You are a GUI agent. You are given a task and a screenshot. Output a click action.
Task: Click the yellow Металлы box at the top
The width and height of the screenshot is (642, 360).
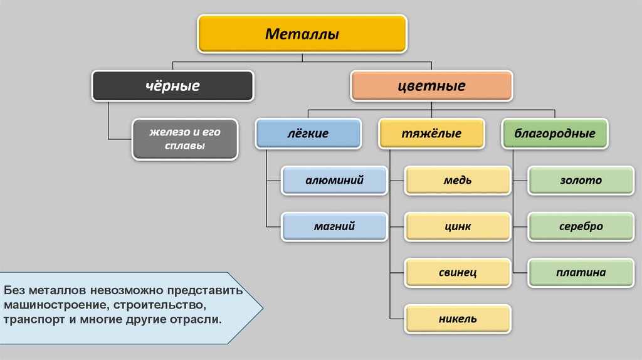[x=302, y=34]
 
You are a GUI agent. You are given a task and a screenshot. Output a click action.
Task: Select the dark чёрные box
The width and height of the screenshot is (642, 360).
[x=172, y=85]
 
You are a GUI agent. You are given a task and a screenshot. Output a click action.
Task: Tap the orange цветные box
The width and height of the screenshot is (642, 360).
[x=431, y=85]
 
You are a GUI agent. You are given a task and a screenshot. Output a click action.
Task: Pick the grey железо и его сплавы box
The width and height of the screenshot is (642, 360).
[x=185, y=139]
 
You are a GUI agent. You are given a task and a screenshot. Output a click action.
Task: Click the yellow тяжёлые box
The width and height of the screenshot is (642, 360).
[x=431, y=134]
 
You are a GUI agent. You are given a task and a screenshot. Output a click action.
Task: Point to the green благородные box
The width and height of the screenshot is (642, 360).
[x=555, y=134]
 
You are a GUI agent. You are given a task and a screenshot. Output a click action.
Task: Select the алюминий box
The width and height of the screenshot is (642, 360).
[x=334, y=181]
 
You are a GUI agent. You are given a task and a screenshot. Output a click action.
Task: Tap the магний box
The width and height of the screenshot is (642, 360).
[x=334, y=226]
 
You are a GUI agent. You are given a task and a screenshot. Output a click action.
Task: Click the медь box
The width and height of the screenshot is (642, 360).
[x=457, y=181]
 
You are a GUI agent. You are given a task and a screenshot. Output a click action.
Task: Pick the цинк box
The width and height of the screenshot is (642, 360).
[x=457, y=226]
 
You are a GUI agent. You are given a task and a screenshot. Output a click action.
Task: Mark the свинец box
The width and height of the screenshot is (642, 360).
[x=457, y=273]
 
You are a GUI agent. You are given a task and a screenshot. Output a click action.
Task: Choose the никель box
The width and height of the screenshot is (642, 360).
[x=457, y=319]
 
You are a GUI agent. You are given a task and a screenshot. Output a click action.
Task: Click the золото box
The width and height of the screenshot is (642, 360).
[x=581, y=181]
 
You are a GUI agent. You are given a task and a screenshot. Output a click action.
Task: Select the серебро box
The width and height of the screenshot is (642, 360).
[x=581, y=226]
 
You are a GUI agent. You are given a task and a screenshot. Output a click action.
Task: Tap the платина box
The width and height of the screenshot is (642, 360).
[x=581, y=273]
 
